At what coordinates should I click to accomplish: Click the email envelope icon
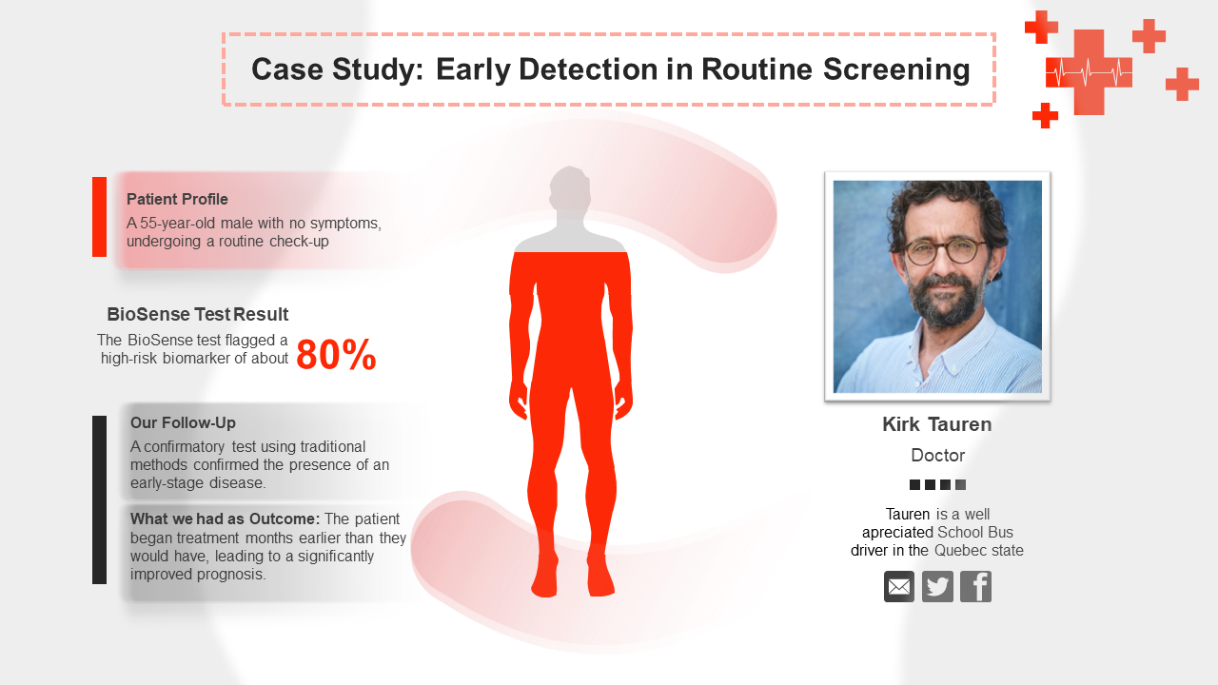coord(899,587)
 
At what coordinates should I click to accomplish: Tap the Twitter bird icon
coord(937,587)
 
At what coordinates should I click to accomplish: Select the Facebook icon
coord(975,587)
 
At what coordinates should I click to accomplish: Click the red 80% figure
coord(336,355)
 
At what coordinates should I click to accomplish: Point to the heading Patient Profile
coord(177,199)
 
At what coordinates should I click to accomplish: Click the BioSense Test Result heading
coord(197,314)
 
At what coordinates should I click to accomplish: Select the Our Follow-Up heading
coord(183,422)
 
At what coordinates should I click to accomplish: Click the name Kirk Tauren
coord(936,424)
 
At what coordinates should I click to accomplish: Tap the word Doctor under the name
coord(937,455)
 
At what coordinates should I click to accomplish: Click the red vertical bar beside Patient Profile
coord(99,217)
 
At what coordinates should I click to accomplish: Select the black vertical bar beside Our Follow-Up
coord(99,499)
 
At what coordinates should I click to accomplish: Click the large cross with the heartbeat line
coord(1089,72)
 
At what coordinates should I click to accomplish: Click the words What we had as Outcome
coord(225,519)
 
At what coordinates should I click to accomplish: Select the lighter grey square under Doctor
coord(961,485)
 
